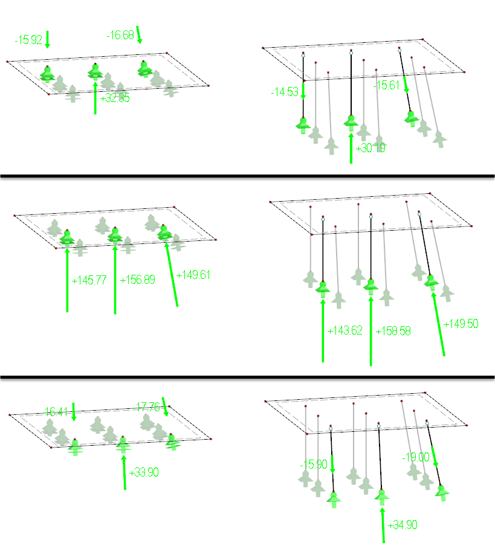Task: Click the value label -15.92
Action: tap(28, 40)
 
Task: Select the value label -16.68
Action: tap(120, 36)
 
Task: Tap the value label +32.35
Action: tap(114, 98)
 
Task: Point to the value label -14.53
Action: tap(284, 92)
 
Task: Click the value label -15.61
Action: tap(387, 86)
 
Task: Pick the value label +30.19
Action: tap(370, 148)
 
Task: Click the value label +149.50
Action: tap(461, 324)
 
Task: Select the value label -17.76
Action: tap(147, 407)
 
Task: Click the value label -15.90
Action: tap(314, 464)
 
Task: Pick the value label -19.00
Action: tap(415, 457)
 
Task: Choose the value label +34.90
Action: tap(403, 524)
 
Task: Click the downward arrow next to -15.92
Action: tap(48, 39)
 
